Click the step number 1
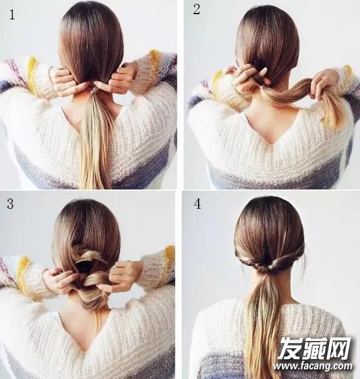click(12, 14)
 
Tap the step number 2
click(196, 10)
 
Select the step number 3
click(10, 204)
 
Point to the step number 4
click(197, 204)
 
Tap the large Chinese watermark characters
click(315, 348)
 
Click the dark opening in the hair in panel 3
click(83, 266)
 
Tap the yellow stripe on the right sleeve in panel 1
click(153, 63)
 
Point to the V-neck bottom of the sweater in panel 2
click(270, 143)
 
